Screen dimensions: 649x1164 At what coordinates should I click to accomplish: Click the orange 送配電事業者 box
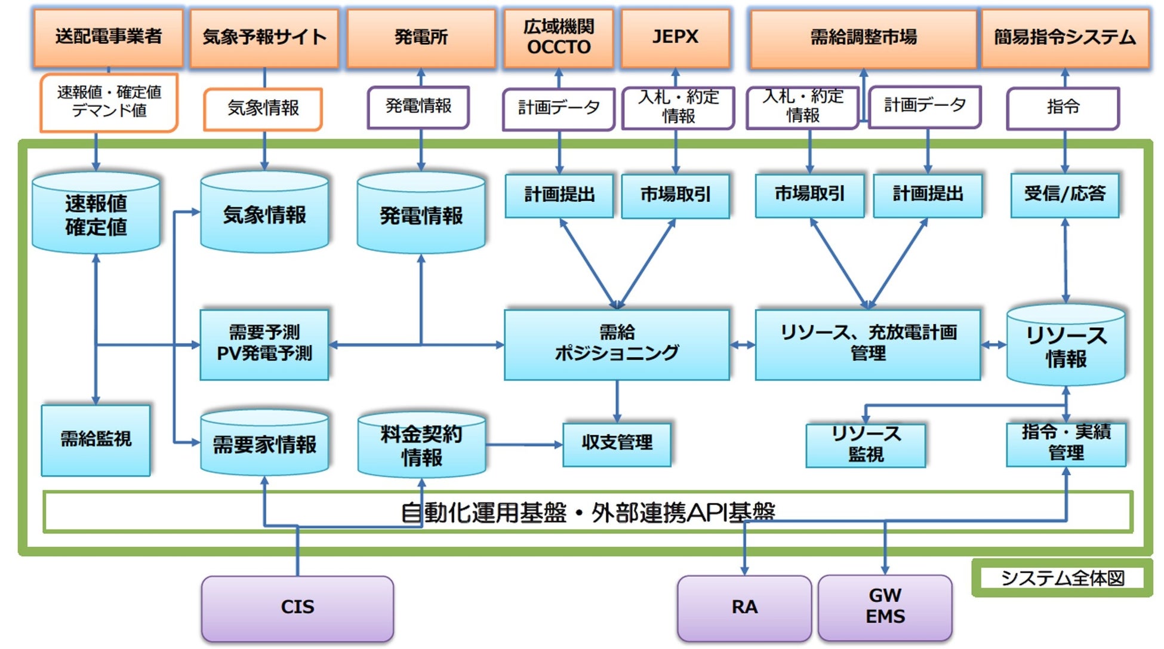coord(108,37)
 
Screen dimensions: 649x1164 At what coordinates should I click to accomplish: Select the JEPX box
coord(675,37)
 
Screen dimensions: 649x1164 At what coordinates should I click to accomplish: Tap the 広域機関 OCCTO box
coord(559,37)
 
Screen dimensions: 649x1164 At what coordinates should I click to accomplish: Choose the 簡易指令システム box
coord(1065,37)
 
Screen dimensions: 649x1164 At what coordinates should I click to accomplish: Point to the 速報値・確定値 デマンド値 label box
coord(109,101)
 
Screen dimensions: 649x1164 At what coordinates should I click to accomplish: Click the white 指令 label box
coord(1063,107)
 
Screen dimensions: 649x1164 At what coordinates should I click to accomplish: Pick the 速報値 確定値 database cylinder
coord(96,214)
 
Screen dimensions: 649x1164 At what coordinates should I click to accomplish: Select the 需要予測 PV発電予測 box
coord(264,344)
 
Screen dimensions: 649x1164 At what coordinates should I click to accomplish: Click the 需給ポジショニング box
coord(617,344)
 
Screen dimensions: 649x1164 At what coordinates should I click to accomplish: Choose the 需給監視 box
coord(96,440)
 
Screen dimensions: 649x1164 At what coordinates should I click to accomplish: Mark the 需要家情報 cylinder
coord(264,444)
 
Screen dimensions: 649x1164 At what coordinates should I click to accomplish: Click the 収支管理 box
coord(617,444)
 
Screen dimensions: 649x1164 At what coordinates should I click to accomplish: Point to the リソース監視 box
coord(866,445)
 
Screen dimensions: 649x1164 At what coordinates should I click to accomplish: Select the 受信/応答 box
coord(1065,195)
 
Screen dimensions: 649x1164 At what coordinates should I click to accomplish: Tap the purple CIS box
coord(297,608)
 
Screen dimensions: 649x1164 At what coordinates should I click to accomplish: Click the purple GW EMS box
coord(885,607)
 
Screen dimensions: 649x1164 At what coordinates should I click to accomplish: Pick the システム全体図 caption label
coord(1063,578)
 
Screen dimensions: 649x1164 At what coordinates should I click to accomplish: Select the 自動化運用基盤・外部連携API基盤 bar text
coord(587,512)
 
